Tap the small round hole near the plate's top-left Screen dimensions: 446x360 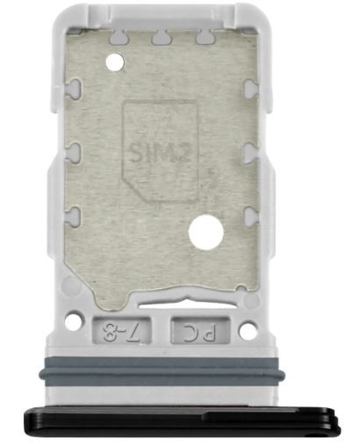pos(113,62)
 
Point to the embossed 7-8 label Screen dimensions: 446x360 pos(117,332)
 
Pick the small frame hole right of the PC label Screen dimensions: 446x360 pos(248,331)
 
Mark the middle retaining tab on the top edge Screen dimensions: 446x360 pos(161,38)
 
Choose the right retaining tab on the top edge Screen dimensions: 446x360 pos(206,38)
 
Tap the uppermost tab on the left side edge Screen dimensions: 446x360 pos(73,88)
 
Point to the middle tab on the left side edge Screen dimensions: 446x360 pos(73,152)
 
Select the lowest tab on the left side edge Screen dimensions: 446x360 pos(73,214)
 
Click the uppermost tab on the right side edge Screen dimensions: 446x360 pos(250,88)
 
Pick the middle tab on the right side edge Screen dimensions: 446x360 pos(250,152)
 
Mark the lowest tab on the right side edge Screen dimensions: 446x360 pos(250,214)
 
